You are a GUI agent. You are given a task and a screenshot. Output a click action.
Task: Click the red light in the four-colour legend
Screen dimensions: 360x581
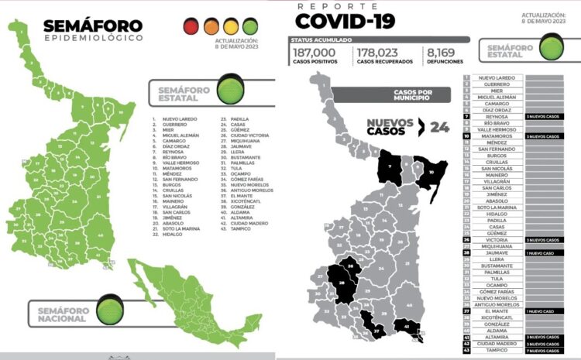coord(191,27)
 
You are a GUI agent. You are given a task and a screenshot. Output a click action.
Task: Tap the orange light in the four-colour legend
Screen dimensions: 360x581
coord(211,27)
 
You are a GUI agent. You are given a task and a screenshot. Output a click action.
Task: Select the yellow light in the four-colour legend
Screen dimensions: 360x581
coord(230,27)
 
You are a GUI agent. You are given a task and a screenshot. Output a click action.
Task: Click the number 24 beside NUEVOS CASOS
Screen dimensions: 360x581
coord(440,128)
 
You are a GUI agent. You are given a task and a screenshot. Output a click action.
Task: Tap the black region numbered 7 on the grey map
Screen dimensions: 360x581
coord(390,167)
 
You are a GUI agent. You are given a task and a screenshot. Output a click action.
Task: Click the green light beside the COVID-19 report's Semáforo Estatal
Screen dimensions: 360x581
coord(551,50)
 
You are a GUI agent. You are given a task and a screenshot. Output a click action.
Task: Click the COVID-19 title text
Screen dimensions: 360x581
coord(345,20)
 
